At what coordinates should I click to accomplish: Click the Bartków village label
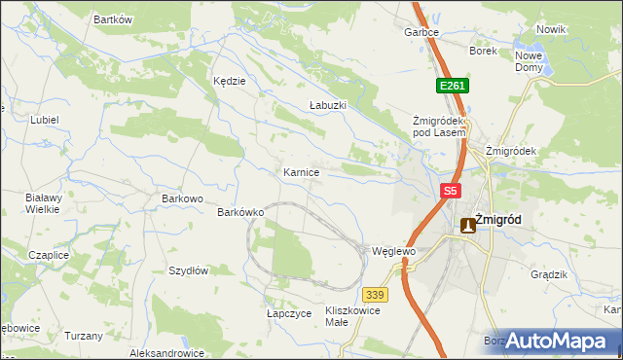coord(113,19)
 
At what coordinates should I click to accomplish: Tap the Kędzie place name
coord(229,81)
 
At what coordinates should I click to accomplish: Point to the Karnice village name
coord(302,171)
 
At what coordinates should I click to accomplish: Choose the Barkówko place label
coord(241,211)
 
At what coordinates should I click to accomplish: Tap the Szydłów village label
coord(189,270)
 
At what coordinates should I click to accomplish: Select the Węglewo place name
coord(394,251)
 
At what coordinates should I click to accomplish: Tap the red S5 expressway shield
coord(449,192)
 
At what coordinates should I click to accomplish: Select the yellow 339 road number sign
coord(375,294)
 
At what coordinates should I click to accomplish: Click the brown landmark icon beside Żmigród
coord(467,224)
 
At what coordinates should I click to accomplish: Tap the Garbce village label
coord(421,32)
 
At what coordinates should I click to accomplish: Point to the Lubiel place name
coord(45,120)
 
